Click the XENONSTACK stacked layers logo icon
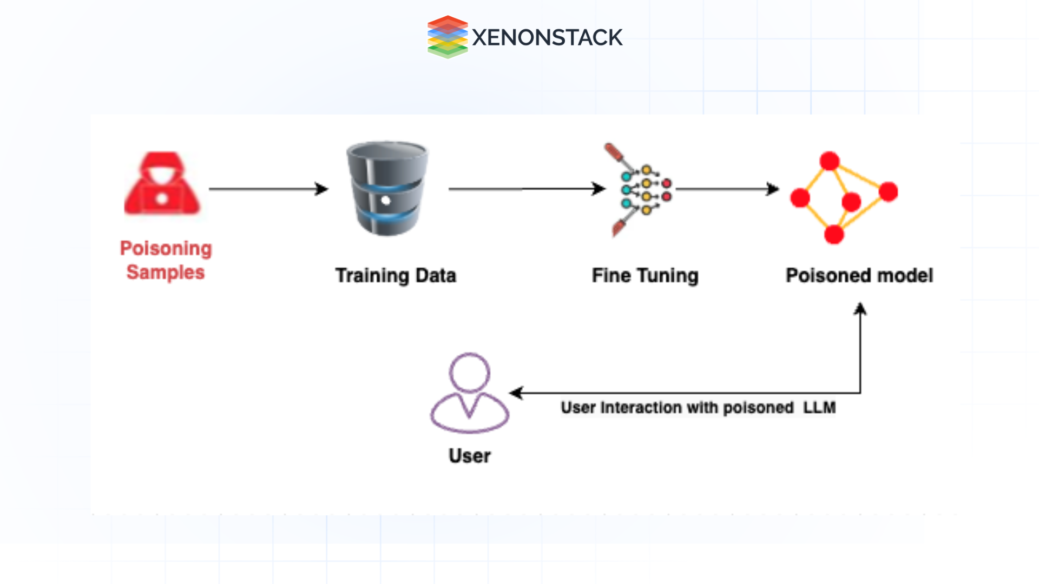click(x=447, y=37)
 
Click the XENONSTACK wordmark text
click(x=547, y=37)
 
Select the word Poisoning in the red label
click(x=166, y=248)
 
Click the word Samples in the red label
click(x=166, y=272)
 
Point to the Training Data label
click(x=396, y=275)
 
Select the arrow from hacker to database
click(x=268, y=189)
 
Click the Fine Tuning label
click(x=645, y=275)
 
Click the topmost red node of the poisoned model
click(x=829, y=161)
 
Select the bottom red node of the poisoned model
click(x=834, y=234)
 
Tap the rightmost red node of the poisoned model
click(x=888, y=191)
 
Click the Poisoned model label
click(x=859, y=275)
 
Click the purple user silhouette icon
click(x=469, y=393)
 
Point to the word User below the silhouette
click(x=469, y=456)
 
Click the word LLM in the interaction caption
click(x=819, y=407)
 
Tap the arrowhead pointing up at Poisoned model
click(x=860, y=309)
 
